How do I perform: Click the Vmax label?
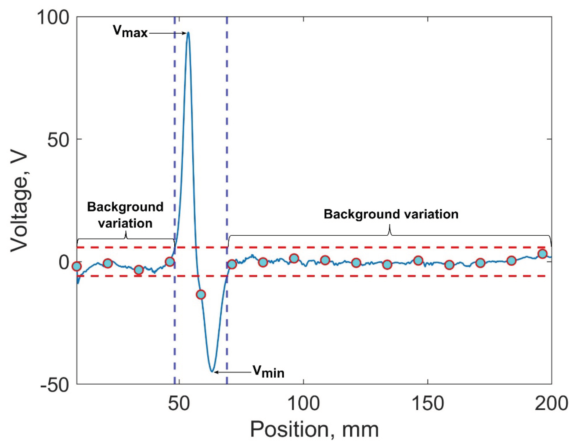click(x=130, y=32)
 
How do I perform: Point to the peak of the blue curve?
click(x=188, y=33)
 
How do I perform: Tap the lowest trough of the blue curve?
click(x=212, y=371)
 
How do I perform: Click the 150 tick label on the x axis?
click(x=428, y=404)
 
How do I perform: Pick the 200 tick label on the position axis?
click(x=551, y=404)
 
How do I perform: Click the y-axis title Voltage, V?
click(x=20, y=200)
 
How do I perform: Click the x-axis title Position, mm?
click(x=314, y=430)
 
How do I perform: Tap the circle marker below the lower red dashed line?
click(x=201, y=295)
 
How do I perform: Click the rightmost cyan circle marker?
click(x=542, y=254)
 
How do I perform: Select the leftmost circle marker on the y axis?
click(x=77, y=266)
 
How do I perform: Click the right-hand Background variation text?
click(x=391, y=214)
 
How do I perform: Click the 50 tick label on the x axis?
click(x=179, y=404)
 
